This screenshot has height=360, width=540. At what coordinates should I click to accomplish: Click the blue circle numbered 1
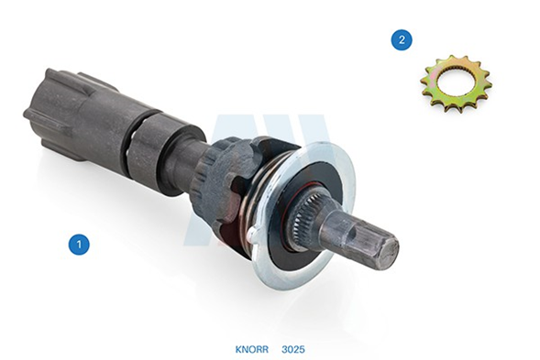click(x=79, y=245)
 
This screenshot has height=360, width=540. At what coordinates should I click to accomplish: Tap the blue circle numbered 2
click(x=402, y=40)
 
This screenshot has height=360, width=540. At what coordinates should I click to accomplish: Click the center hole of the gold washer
click(x=454, y=82)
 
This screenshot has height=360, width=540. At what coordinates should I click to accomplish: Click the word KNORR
click(x=252, y=349)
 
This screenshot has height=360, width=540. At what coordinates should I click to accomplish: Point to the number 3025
click(x=293, y=349)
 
